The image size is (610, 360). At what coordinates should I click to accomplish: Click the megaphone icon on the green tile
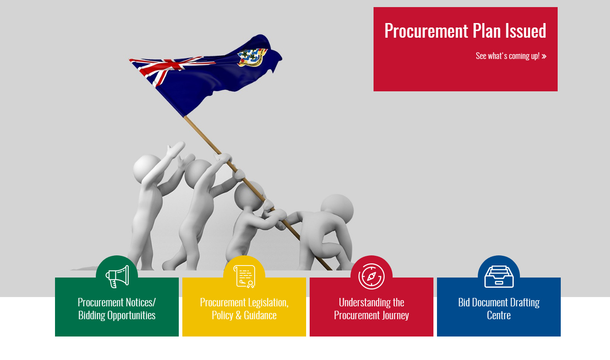pos(117,277)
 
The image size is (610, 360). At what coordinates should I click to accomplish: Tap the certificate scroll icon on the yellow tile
pos(244,277)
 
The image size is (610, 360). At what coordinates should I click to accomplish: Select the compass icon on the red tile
pos(371,277)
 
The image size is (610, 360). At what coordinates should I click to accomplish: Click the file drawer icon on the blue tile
pos(499,277)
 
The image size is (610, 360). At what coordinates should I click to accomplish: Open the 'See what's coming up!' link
pos(511,56)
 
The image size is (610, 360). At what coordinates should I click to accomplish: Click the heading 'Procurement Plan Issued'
pos(465,31)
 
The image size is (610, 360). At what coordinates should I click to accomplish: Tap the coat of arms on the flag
pos(252,57)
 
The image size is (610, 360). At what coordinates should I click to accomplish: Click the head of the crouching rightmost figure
pos(337,208)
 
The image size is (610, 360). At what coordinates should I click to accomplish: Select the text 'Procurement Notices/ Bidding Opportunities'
pos(117,309)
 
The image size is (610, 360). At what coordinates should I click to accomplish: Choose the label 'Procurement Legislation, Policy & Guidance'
pos(244,309)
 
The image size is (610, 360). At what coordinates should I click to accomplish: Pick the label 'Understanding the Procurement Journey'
pos(371,309)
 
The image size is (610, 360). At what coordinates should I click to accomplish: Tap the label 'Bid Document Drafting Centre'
pos(499,309)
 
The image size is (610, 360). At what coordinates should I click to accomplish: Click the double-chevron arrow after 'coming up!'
pos(544,56)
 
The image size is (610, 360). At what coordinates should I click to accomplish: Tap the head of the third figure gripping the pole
pos(248,196)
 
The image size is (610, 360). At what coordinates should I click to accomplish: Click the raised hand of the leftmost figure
pos(175,149)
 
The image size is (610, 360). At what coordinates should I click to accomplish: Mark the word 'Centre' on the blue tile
pos(499,315)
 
